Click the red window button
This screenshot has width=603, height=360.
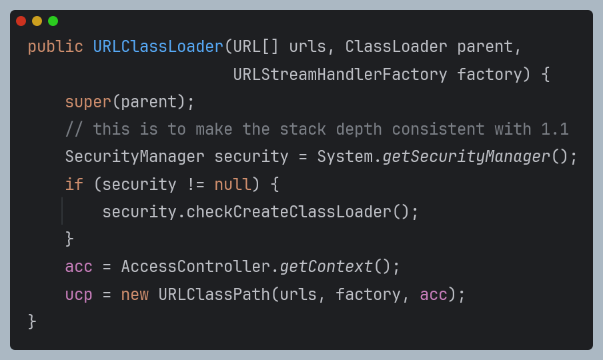tap(21, 21)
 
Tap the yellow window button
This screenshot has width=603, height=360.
tap(37, 21)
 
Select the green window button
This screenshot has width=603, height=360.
tap(53, 21)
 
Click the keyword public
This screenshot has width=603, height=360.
tap(55, 47)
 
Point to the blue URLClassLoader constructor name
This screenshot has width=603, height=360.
tap(158, 47)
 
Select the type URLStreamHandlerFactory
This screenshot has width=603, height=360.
tap(340, 75)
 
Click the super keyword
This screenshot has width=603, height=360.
tap(88, 102)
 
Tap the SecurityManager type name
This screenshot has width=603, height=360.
tap(135, 157)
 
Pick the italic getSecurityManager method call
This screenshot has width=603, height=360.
tap(466, 157)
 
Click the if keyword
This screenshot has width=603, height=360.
tap(74, 185)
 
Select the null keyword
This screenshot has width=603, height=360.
tap(233, 185)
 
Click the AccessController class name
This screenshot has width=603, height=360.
tap(195, 267)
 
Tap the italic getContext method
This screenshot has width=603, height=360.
tap(326, 267)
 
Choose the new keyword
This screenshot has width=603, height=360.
tap(135, 294)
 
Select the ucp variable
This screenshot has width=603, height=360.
tap(79, 294)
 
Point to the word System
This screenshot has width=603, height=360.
tap(345, 157)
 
